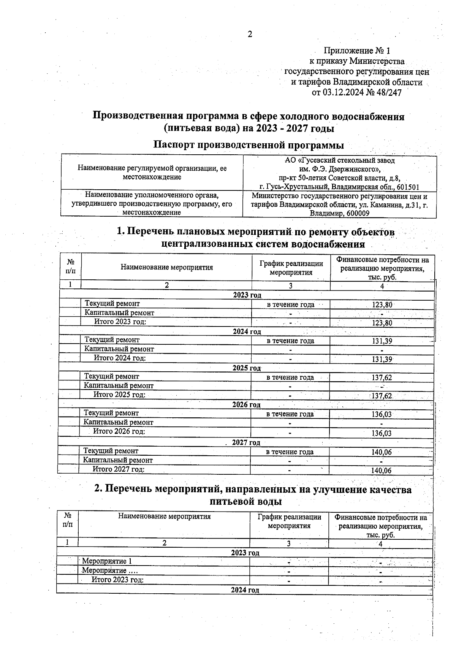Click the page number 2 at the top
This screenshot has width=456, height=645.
click(x=250, y=35)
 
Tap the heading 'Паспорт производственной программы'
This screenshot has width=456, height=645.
click(x=249, y=145)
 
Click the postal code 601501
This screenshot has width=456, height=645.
click(x=407, y=187)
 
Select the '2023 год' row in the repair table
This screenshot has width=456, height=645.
click(x=247, y=295)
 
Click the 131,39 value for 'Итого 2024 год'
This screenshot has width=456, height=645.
click(x=382, y=359)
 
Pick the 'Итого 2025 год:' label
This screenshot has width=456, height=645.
click(x=119, y=395)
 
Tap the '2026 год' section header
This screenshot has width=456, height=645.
click(x=246, y=405)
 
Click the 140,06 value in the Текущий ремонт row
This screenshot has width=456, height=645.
click(x=382, y=452)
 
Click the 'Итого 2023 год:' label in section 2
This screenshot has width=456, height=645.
click(x=117, y=580)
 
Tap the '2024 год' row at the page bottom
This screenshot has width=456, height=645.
click(x=245, y=590)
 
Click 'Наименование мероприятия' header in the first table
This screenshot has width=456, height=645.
click(x=167, y=267)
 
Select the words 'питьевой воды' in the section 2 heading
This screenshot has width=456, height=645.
click(x=246, y=502)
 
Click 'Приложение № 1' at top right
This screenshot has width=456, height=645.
click(x=357, y=51)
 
